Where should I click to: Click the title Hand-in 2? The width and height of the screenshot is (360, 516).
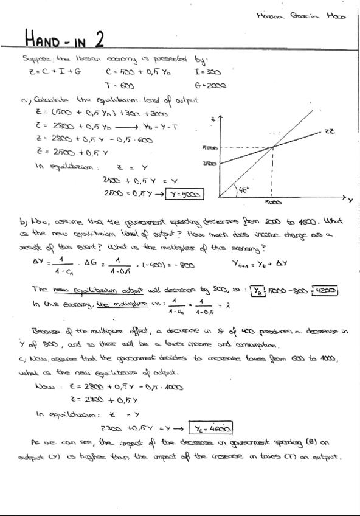click(x=64, y=40)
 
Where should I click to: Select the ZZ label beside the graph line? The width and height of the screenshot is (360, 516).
click(x=330, y=131)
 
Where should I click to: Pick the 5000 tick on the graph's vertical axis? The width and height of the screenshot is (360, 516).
click(x=209, y=147)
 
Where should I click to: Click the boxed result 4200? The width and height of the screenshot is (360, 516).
click(x=326, y=290)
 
